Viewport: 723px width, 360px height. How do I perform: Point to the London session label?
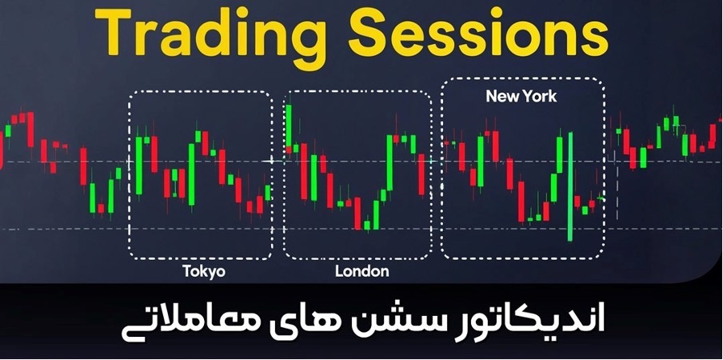[x=361, y=271]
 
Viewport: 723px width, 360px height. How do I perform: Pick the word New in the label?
[x=501, y=97]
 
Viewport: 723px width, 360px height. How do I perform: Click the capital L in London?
[x=338, y=271]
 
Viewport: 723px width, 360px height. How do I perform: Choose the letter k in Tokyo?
[x=202, y=271]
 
